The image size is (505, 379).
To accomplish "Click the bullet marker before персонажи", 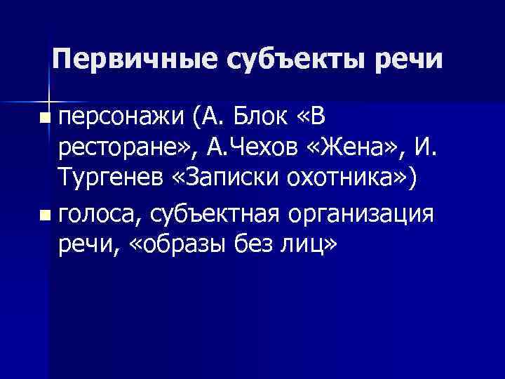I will pyautogui.click(x=46, y=114).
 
